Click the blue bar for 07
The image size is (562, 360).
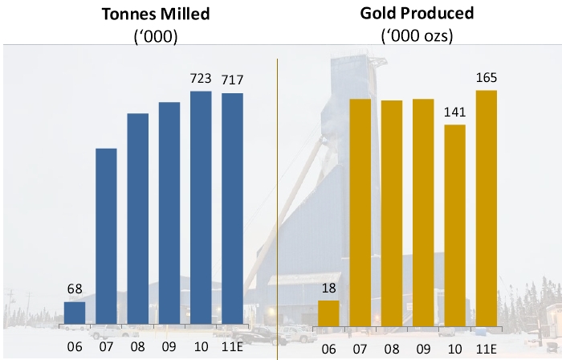106,237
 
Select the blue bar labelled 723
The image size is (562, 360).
201,209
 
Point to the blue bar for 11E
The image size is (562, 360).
232,210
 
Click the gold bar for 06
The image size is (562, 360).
328,313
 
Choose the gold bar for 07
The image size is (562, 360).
360,213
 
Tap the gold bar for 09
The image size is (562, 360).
423,213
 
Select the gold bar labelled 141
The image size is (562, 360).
454,226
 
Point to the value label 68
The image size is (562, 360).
75,288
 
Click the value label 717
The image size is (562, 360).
232,80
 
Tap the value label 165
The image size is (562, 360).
486,78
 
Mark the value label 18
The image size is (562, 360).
328,288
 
